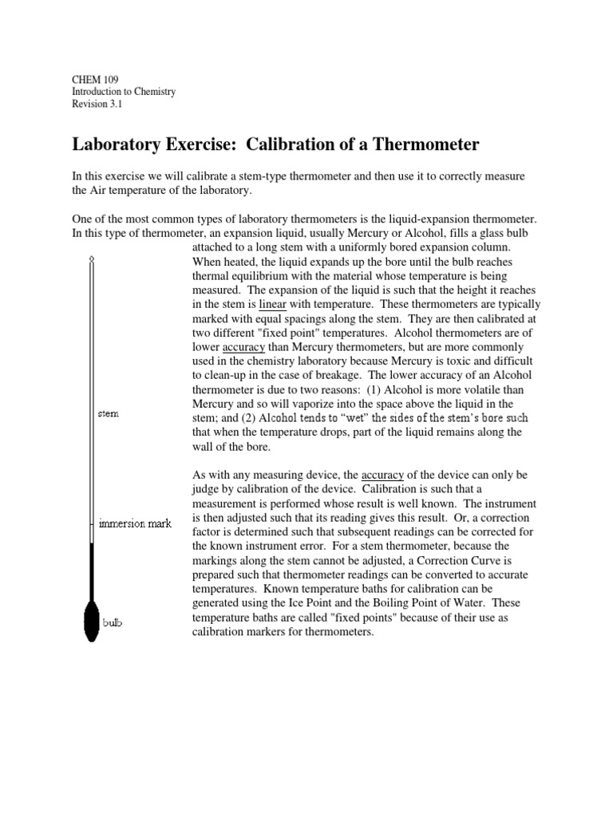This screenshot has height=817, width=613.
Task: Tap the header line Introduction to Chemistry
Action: [124, 92]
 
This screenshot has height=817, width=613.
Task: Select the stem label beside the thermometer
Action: [108, 413]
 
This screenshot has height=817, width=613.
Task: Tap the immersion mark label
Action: [134, 524]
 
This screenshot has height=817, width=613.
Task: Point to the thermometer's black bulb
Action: [91, 620]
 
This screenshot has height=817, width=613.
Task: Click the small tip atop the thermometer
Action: [91, 259]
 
